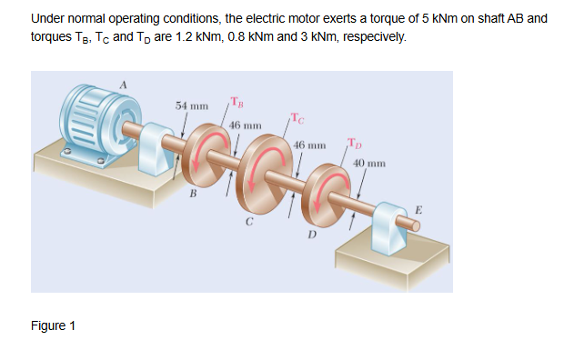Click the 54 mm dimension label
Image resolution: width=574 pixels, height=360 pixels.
194,106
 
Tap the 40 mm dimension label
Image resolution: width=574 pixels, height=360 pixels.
370,164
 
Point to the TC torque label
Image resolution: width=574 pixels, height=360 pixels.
299,115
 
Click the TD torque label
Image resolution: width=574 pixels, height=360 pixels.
354,143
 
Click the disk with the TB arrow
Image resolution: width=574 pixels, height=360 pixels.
213,151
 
